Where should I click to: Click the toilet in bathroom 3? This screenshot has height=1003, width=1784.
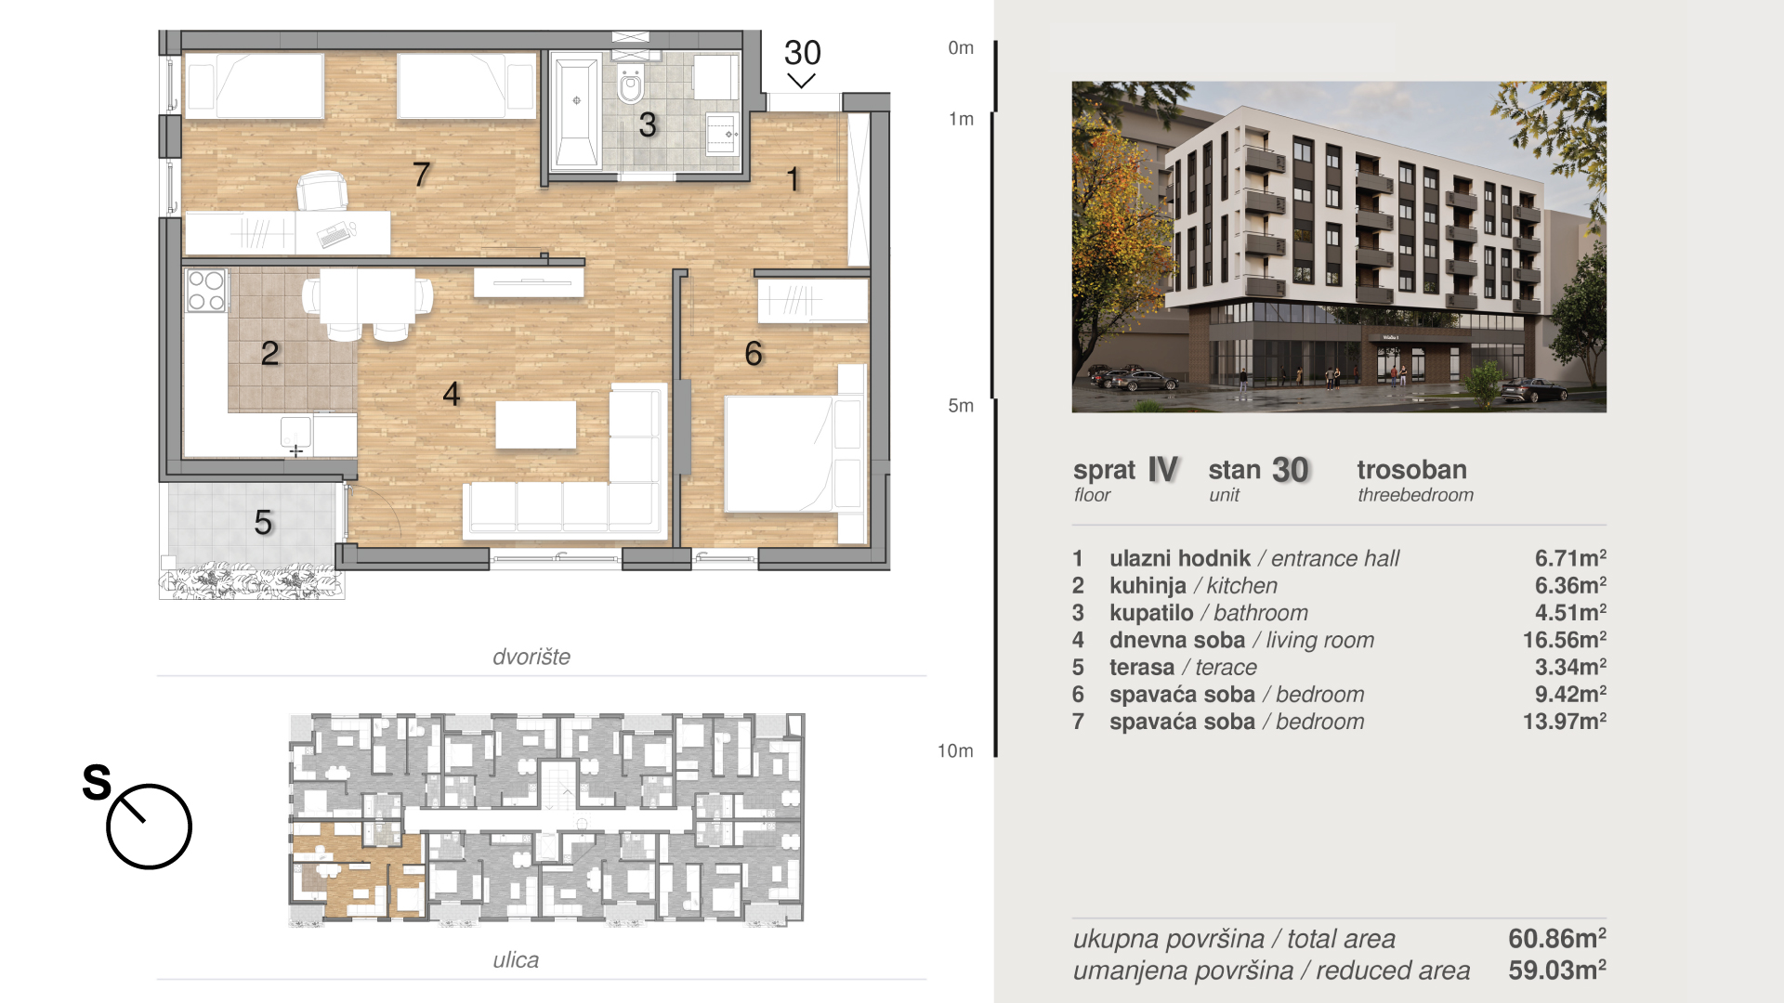coord(631,85)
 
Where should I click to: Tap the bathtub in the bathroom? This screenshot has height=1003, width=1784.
coord(576,113)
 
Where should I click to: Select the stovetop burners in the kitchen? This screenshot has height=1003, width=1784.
coord(206,290)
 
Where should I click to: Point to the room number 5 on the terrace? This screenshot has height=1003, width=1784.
coord(263,523)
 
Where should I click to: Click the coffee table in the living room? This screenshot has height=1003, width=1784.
coord(535,424)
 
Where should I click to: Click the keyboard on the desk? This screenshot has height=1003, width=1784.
coord(336,234)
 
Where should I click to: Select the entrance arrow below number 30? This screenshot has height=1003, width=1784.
coord(801,81)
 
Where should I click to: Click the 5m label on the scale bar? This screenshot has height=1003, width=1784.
coord(961,406)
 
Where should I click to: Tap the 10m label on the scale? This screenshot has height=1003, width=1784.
coord(955,750)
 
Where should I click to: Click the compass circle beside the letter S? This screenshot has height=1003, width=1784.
coord(149,827)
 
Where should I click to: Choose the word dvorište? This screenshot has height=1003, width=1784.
coord(531,657)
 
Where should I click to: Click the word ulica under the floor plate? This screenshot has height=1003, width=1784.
coord(516,960)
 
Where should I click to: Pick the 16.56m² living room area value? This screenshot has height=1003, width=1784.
coord(1565,640)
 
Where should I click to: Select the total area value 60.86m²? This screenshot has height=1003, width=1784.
coord(1557,938)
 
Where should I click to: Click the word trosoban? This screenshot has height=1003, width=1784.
coord(1411,470)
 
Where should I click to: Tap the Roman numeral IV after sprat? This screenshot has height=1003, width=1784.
coord(1163,470)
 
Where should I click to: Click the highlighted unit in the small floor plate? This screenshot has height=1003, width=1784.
coord(358,871)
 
